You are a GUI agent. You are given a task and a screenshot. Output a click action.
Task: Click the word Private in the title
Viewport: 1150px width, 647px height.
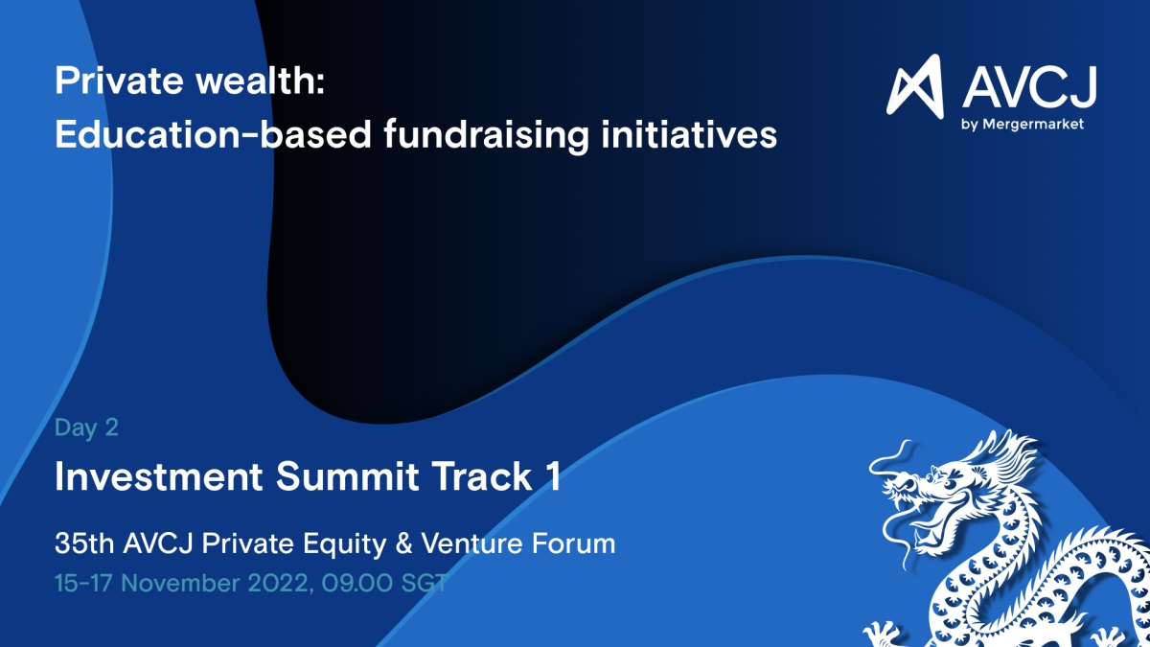119,81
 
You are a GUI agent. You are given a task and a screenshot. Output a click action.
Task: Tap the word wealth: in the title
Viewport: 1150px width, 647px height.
261,80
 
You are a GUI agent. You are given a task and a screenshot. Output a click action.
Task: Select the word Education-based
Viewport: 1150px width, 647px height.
213,134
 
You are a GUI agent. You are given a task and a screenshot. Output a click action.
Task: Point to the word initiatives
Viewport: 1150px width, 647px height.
689,134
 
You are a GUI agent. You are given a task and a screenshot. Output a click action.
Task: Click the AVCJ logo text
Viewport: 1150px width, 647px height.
1029,87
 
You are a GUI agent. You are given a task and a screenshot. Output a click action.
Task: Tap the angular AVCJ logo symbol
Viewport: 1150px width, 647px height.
915,85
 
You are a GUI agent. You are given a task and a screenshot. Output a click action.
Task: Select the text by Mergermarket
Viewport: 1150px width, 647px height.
1023,125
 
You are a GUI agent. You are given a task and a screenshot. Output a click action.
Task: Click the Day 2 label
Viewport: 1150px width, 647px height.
87,427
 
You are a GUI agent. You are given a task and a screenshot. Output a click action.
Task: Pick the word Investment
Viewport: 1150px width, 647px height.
159,476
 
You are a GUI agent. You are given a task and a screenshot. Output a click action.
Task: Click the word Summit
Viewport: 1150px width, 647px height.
348,476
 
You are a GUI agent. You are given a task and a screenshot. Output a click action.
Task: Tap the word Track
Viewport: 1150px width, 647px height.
481,476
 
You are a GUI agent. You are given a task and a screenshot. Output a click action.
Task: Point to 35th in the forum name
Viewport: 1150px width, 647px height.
84,543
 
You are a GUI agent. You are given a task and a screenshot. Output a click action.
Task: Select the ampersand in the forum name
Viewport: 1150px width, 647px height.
404,543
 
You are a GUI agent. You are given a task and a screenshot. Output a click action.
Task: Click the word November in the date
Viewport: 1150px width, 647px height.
181,584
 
